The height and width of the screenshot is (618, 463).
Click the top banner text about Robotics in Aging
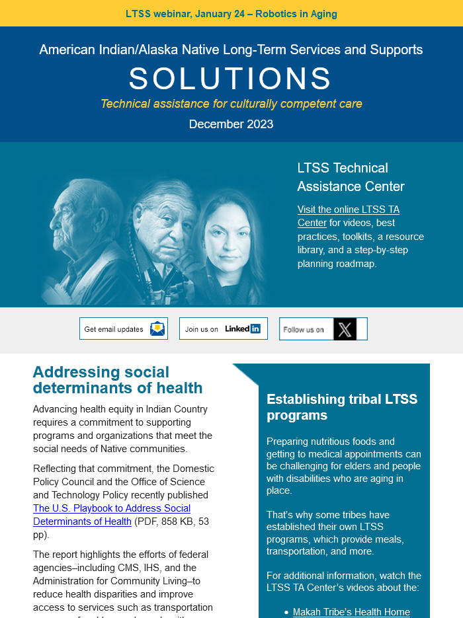click(x=231, y=14)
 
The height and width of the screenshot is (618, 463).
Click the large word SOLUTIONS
click(x=231, y=79)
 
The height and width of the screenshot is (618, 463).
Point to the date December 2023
click(x=231, y=124)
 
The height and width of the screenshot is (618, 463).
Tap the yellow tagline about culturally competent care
click(x=231, y=104)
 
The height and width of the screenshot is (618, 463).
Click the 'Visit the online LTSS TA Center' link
click(x=349, y=216)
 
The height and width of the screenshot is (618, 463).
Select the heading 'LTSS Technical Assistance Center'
click(x=351, y=176)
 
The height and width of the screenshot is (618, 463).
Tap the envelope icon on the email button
click(x=157, y=328)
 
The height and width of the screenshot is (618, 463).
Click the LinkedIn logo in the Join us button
click(x=242, y=328)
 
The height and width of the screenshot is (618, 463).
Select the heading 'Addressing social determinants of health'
click(x=118, y=380)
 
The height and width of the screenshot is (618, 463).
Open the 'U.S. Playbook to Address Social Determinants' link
click(x=112, y=515)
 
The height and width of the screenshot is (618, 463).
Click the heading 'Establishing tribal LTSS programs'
click(x=342, y=407)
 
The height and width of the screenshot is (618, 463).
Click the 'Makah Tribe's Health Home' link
click(x=351, y=612)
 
